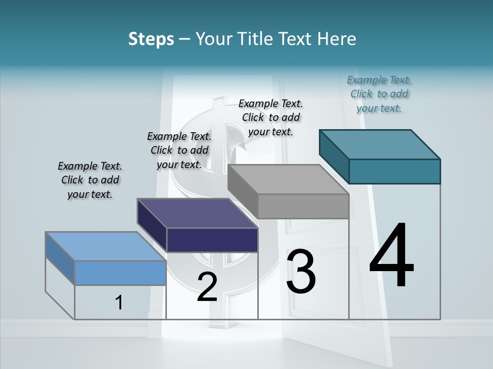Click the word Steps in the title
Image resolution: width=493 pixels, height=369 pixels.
[151, 39]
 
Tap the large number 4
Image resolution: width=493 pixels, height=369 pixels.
[391, 256]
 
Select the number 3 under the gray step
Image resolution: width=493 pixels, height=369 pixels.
[301, 272]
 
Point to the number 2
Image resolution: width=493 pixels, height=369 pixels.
[207, 287]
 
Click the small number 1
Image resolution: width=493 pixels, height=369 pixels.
[119, 303]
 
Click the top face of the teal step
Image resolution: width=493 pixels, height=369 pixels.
[380, 144]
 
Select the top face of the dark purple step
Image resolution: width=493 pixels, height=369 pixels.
[198, 213]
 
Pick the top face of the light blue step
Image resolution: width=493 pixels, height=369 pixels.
[106, 247]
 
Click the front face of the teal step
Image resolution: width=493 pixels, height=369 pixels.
[394, 171]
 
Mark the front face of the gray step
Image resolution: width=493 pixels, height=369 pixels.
[303, 207]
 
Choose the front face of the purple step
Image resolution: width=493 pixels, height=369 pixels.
[212, 240]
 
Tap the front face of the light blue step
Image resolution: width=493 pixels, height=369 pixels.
[120, 273]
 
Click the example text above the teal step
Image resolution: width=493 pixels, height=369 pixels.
[379, 94]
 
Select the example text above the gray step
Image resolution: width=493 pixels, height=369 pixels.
[271, 117]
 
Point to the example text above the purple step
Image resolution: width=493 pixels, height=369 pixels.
[179, 150]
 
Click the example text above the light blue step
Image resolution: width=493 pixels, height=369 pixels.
[90, 180]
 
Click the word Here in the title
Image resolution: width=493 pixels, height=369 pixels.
[337, 39]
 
